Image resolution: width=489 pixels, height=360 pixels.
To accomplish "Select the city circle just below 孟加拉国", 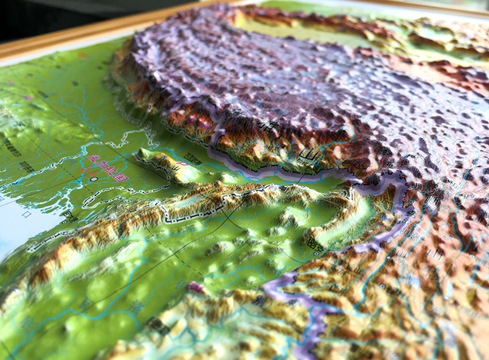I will pyautogui.click(x=93, y=179).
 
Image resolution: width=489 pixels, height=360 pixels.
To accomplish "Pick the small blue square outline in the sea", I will pyautogui.click(x=27, y=215).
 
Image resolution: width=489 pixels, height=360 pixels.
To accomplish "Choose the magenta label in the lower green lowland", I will pyautogui.click(x=196, y=287).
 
